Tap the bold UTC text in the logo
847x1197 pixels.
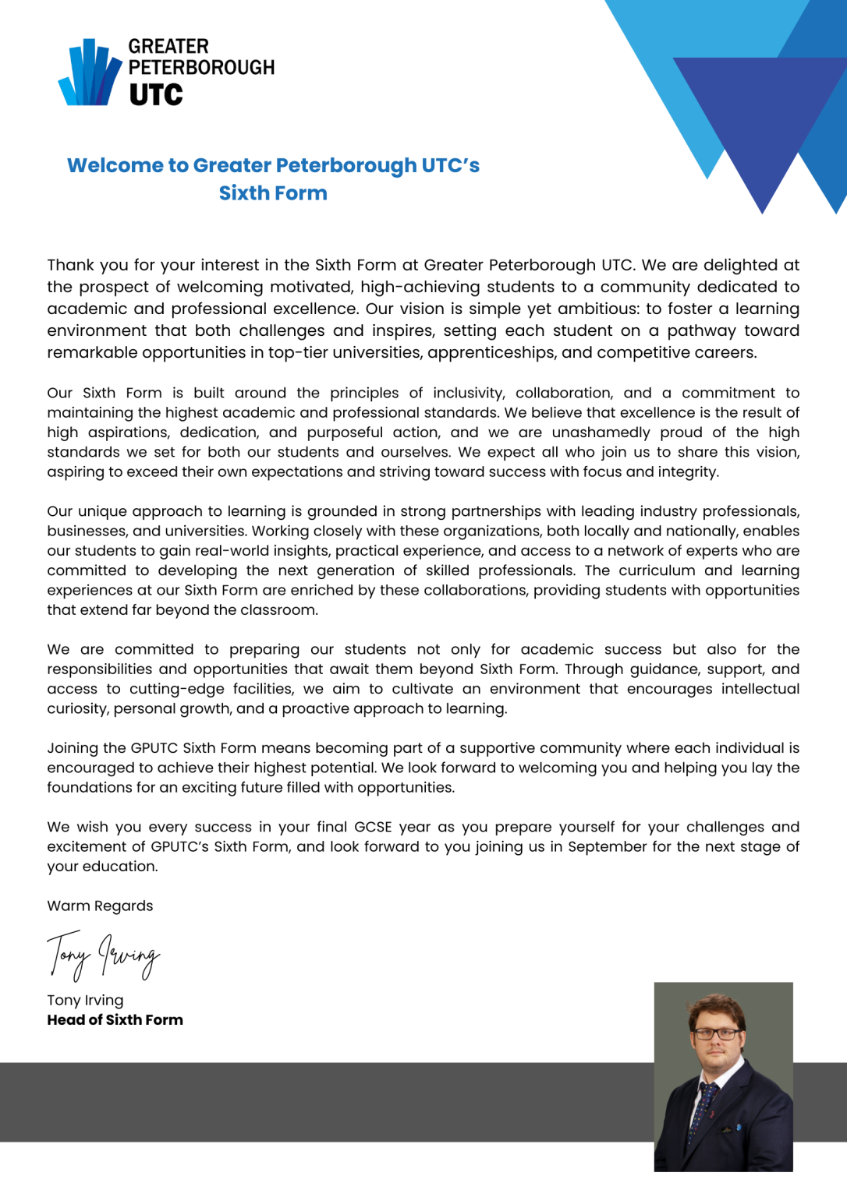(x=156, y=95)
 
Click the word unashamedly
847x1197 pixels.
(x=601, y=433)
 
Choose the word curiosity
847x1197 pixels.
(x=78, y=708)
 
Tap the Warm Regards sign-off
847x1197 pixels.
(x=100, y=906)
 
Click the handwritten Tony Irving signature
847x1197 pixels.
(x=103, y=955)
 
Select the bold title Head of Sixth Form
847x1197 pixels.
(x=115, y=1020)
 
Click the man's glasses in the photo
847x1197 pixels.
(x=716, y=1034)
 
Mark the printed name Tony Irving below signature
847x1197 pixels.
(x=85, y=1000)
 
